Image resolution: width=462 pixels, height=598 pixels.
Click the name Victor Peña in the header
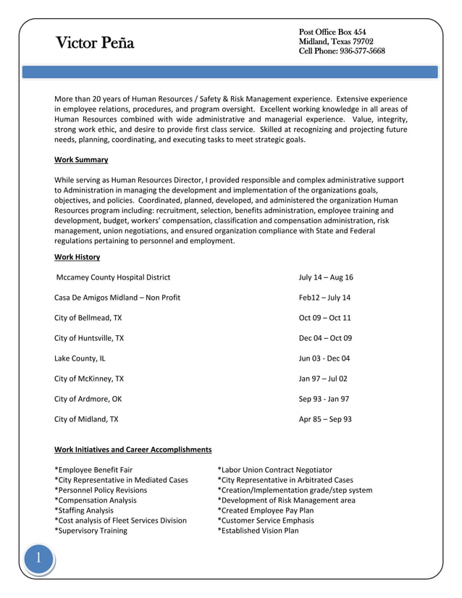pyautogui.click(x=95, y=43)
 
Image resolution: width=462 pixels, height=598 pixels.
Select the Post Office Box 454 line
pyautogui.click(x=332, y=32)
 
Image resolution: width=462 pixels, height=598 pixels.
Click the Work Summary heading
pyautogui.click(x=81, y=160)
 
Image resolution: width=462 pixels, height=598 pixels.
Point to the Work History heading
pyautogui.click(x=77, y=257)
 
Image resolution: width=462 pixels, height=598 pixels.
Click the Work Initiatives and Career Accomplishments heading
pyautogui.click(x=133, y=450)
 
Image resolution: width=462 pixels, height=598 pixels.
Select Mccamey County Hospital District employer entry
pyautogui.click(x=113, y=277)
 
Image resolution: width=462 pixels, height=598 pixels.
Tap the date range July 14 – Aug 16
pyautogui.click(x=326, y=277)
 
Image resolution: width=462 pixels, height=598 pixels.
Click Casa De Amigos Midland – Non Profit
pyautogui.click(x=117, y=298)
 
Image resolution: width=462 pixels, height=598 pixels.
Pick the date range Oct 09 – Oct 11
pyautogui.click(x=324, y=318)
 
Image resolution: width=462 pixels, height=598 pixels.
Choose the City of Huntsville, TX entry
pyautogui.click(x=89, y=338)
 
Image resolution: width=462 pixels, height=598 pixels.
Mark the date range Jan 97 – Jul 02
pyautogui.click(x=323, y=379)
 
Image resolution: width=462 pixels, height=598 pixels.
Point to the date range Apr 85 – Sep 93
pyautogui.click(x=325, y=419)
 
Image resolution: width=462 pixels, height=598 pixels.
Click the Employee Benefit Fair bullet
pyautogui.click(x=93, y=470)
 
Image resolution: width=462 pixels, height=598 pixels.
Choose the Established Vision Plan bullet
pyautogui.click(x=257, y=531)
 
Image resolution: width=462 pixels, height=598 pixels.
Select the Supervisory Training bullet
pyautogui.click(x=91, y=531)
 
